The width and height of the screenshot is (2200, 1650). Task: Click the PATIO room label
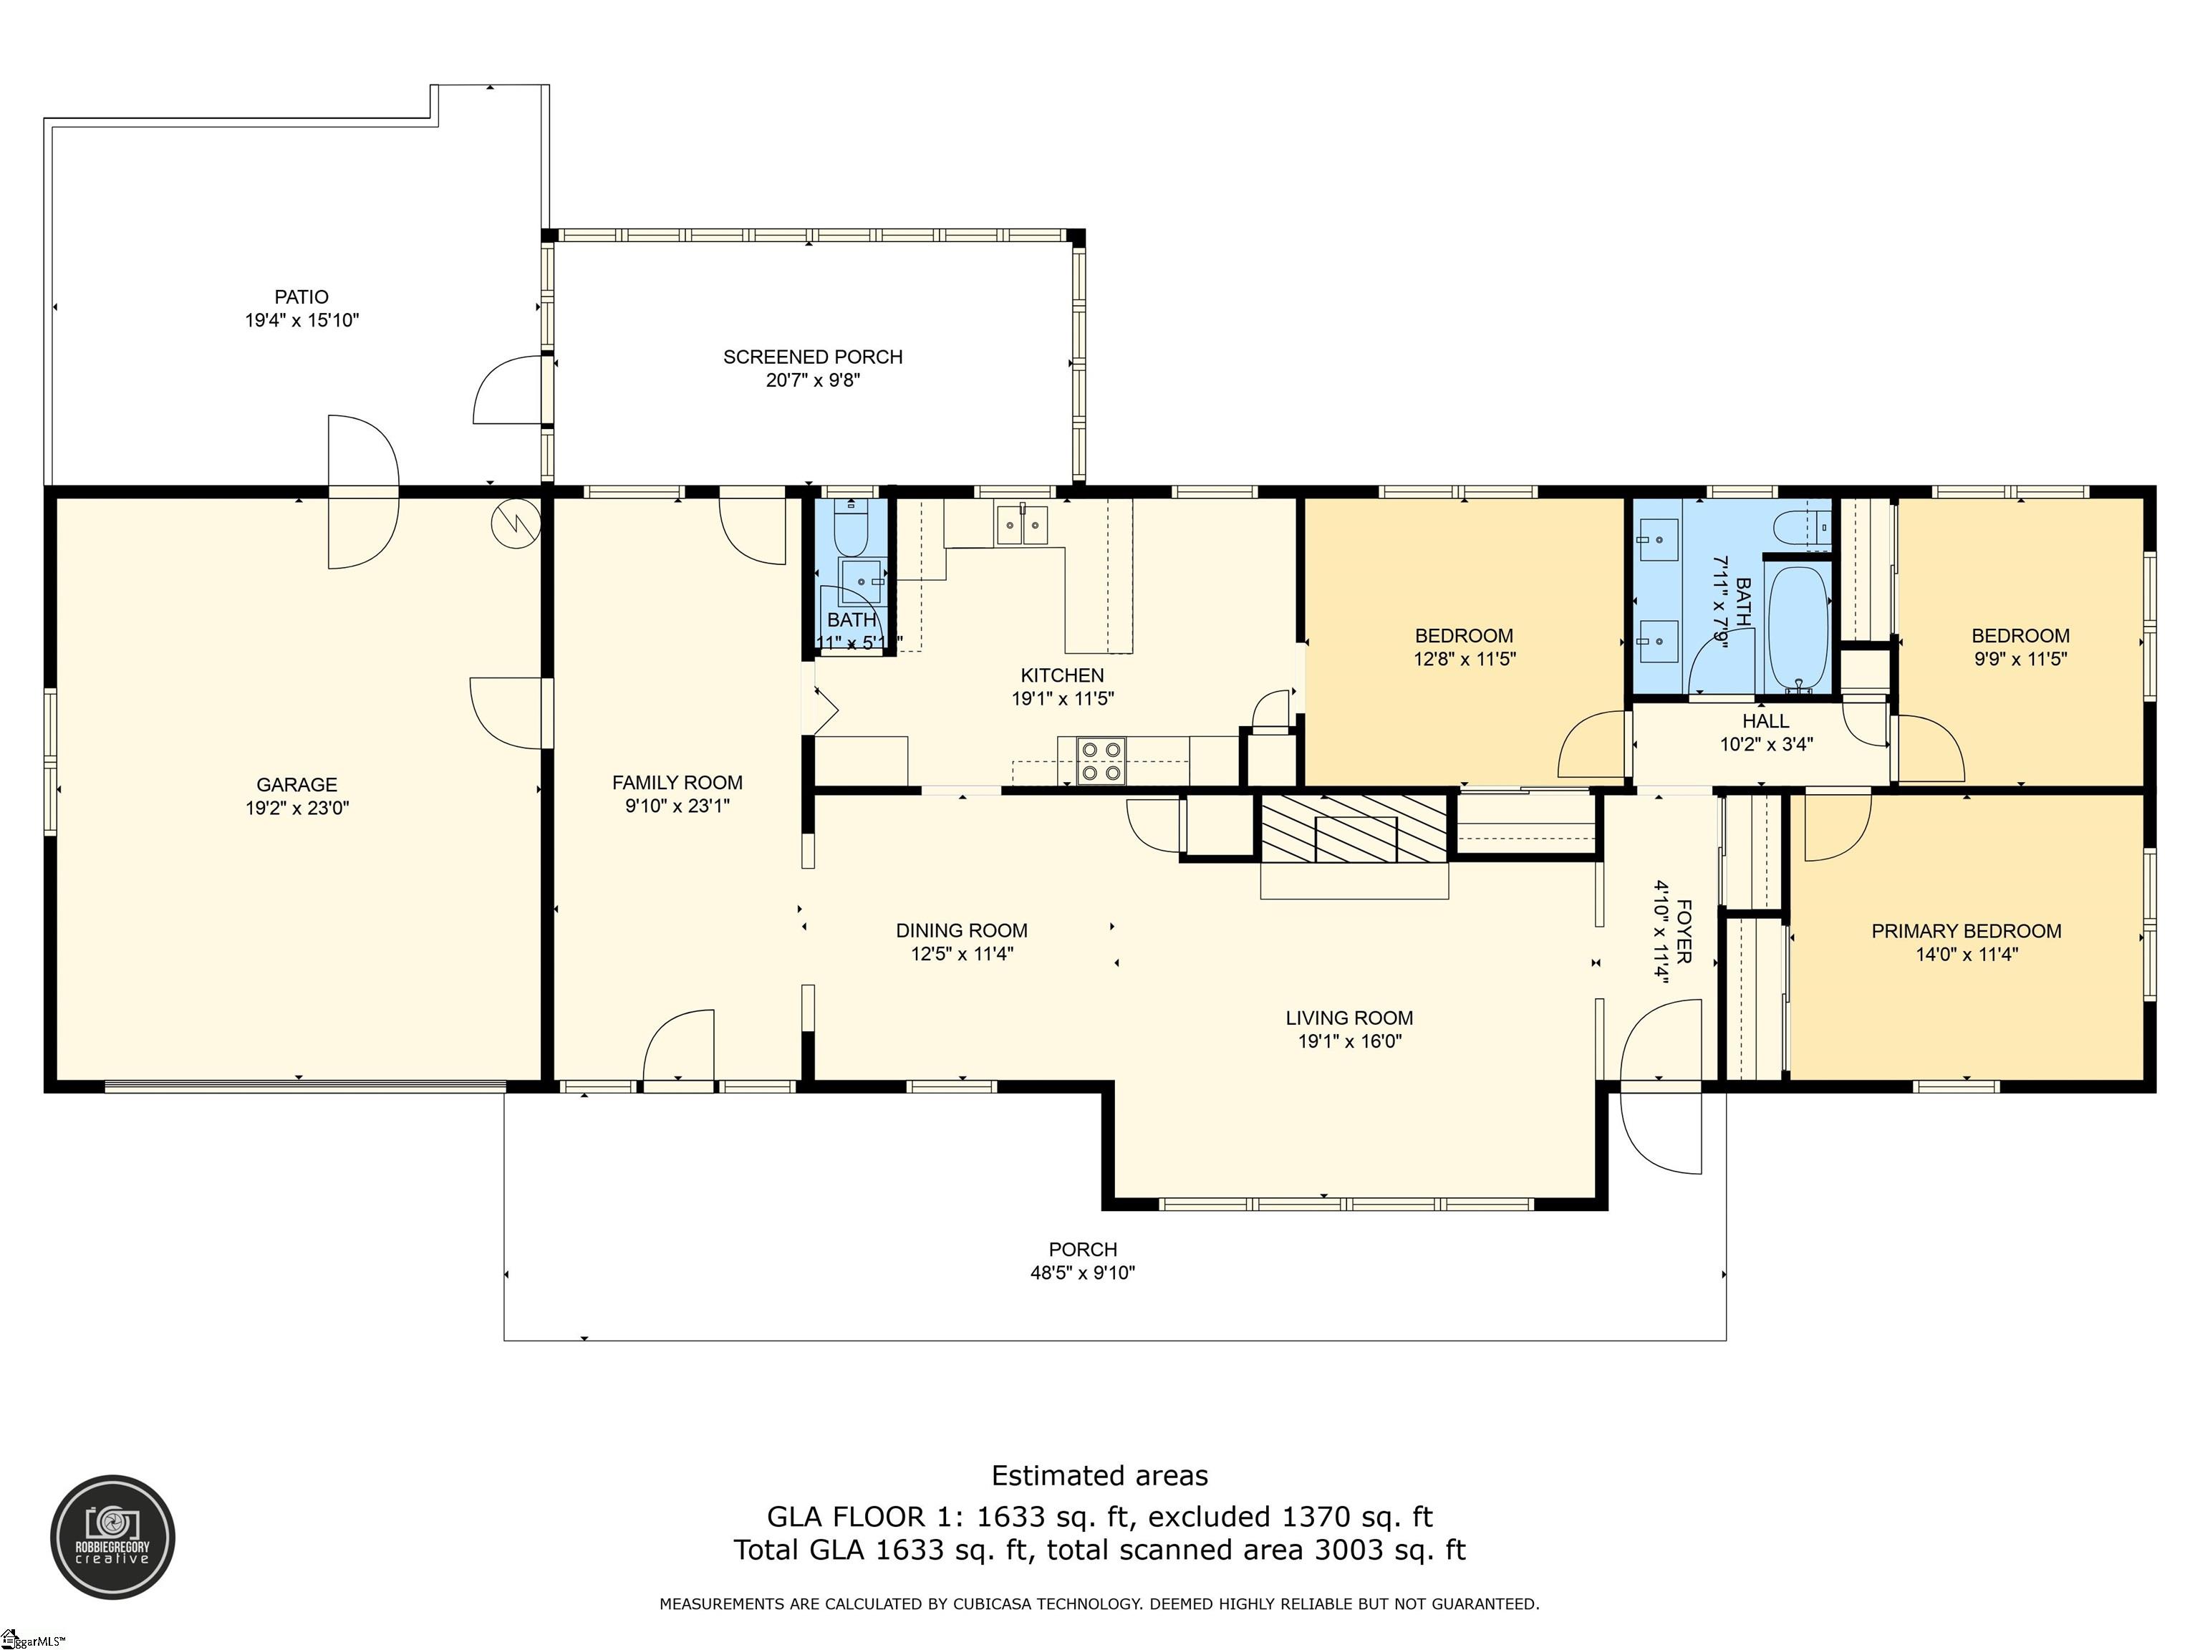[x=301, y=297]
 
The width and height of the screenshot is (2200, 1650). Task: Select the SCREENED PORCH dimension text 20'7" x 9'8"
[x=813, y=380]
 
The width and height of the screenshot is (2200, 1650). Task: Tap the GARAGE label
[x=296, y=785]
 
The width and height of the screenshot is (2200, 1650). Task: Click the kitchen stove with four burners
[x=1101, y=761]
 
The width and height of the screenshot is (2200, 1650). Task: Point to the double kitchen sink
[x=1023, y=524]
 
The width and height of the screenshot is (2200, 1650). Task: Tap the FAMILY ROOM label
[x=677, y=783]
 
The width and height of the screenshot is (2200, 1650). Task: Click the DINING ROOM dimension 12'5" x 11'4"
[x=962, y=955]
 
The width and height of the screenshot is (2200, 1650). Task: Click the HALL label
[x=1765, y=721]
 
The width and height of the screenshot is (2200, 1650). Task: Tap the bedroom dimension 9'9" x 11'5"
[x=2020, y=658]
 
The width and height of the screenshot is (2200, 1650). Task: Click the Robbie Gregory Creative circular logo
[x=112, y=1537]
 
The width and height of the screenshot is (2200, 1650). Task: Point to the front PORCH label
[x=1082, y=1249]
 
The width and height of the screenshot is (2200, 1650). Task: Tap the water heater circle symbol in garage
[x=517, y=522]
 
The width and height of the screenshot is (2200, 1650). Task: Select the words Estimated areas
[x=1099, y=1475]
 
